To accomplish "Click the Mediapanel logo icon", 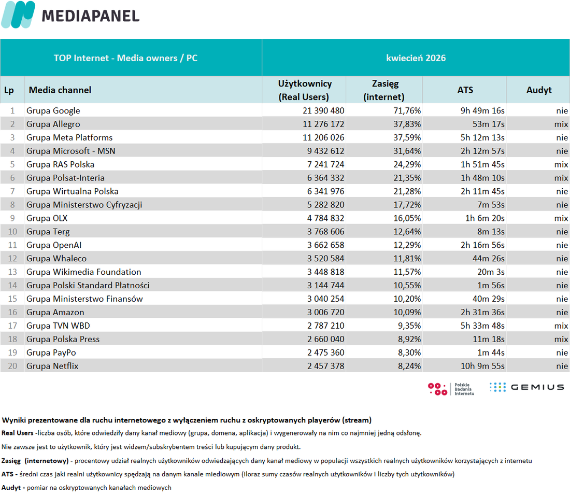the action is click(18, 15).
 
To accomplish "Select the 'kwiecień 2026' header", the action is click(416, 58).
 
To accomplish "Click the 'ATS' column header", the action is click(465, 90).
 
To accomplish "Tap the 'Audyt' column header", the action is click(539, 90).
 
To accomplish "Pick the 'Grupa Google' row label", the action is click(53, 110).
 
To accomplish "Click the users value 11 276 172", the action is click(323, 124).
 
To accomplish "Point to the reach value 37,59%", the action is click(407, 137).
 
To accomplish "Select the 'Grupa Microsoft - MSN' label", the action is click(70, 151).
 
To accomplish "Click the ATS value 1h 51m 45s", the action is click(482, 164).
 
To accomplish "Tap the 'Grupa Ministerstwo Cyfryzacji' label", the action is click(84, 205).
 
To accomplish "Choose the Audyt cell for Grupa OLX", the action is click(561, 218).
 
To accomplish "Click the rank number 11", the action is click(12, 245).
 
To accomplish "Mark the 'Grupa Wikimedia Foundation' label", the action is click(83, 272).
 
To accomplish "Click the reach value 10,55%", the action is click(407, 286).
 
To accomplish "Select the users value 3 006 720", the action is click(325, 312).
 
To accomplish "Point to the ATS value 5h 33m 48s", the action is click(482, 326).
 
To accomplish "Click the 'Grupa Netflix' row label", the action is click(52, 366).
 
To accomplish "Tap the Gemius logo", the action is click(527, 387).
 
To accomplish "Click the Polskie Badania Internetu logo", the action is click(451, 389).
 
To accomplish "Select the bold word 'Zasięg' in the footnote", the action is click(11, 461).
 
